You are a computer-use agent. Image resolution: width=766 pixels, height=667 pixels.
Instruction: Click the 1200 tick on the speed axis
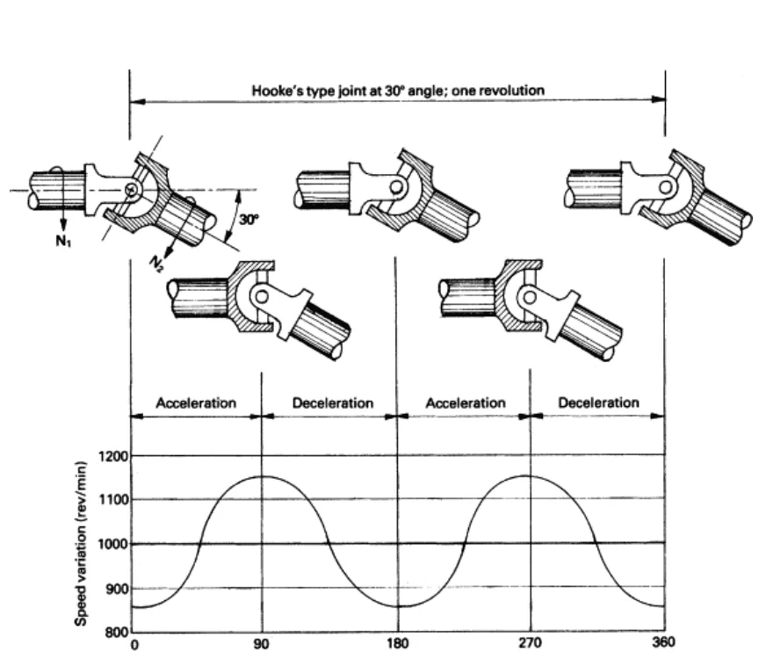pyautogui.click(x=113, y=456)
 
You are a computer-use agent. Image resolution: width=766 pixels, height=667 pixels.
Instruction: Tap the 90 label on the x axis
pyautogui.click(x=262, y=644)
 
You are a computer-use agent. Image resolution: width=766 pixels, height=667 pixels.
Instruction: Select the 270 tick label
pyautogui.click(x=530, y=643)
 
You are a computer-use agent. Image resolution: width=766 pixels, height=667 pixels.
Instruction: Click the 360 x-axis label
pyautogui.click(x=663, y=642)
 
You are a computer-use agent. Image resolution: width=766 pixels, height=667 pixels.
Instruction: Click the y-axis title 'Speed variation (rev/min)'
pyautogui.click(x=81, y=543)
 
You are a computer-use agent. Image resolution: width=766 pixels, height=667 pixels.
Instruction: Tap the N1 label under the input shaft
pyautogui.click(x=63, y=241)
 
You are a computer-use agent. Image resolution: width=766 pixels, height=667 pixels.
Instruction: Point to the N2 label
pyautogui.click(x=156, y=264)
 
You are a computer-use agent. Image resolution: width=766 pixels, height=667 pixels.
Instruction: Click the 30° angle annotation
pyautogui.click(x=249, y=220)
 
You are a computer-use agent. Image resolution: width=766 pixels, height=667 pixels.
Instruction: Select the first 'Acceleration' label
pyautogui.click(x=196, y=403)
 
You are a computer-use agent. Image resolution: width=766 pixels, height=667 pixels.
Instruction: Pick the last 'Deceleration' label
pyautogui.click(x=598, y=402)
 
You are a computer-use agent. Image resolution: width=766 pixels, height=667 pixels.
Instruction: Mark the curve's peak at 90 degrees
pyautogui.click(x=263, y=476)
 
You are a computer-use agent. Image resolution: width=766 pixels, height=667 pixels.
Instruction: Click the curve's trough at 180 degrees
pyautogui.click(x=398, y=606)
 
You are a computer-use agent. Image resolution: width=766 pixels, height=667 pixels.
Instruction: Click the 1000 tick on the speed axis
pyautogui.click(x=113, y=544)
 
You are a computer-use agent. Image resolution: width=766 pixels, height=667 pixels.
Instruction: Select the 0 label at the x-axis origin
pyautogui.click(x=134, y=645)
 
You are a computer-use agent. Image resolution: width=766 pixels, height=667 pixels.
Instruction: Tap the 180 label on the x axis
pyautogui.click(x=397, y=643)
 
